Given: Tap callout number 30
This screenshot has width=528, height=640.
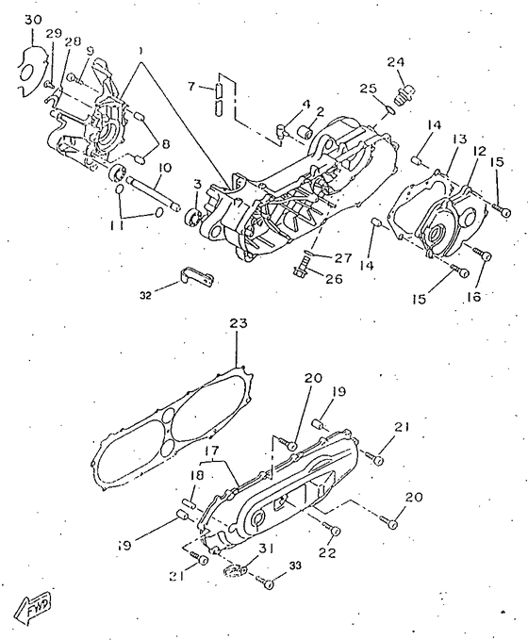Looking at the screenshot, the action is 34,20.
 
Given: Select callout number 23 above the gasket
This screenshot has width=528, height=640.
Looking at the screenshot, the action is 239,323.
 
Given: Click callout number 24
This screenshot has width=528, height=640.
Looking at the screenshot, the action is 396,62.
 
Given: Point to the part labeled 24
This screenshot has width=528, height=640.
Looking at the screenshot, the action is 404,93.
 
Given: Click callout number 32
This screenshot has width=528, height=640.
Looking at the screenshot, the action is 145,296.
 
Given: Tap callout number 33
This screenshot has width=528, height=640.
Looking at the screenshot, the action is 295,566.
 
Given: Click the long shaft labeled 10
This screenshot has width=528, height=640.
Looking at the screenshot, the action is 153,193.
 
